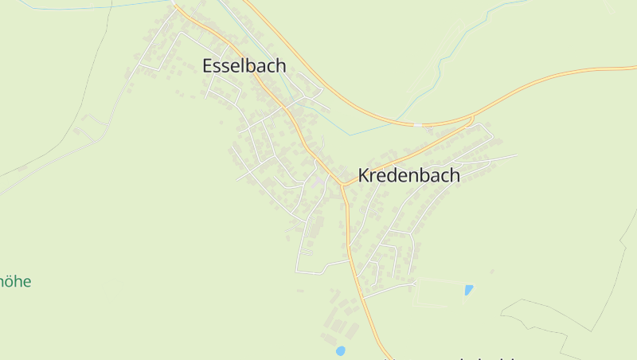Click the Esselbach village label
[244, 66]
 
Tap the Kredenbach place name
[408, 176]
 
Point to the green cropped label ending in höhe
[15, 281]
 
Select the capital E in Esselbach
[208, 66]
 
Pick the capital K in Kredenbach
[364, 176]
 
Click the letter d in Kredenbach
[393, 176]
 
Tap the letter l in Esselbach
[238, 66]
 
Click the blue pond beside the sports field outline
[469, 290]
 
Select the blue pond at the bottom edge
[341, 350]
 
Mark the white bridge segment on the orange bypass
[417, 124]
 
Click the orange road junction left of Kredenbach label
[342, 185]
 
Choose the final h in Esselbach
[280, 66]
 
